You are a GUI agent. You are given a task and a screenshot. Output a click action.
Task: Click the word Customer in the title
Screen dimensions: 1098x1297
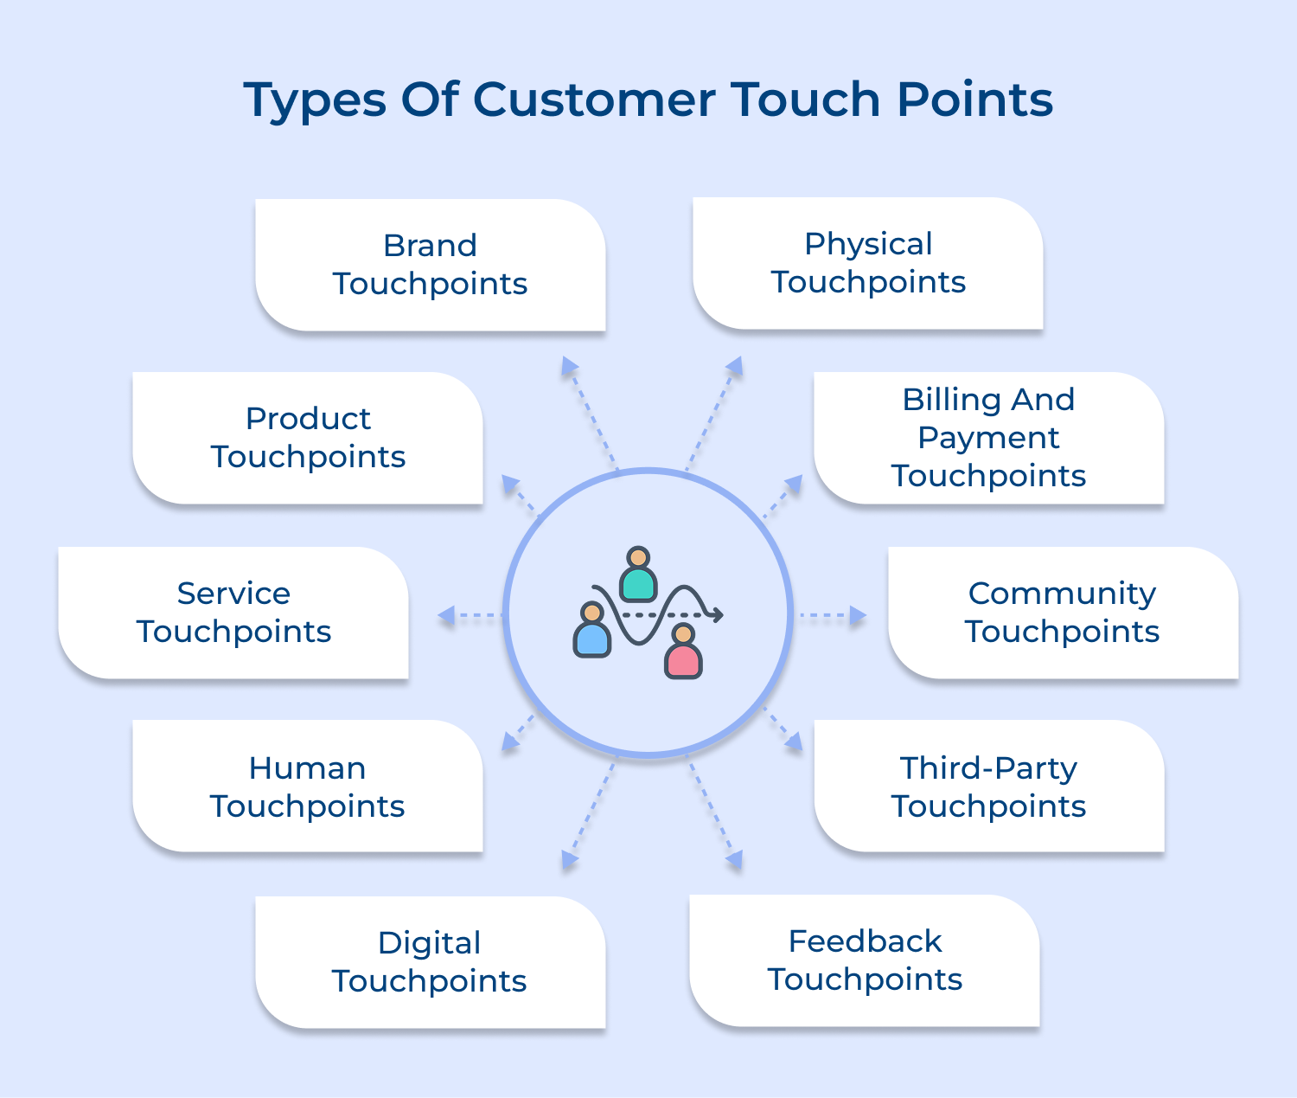click(x=593, y=100)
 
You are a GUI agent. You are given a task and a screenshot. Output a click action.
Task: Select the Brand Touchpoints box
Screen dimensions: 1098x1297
click(x=431, y=265)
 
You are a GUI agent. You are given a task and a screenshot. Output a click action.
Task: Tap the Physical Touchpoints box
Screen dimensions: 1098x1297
click(x=868, y=263)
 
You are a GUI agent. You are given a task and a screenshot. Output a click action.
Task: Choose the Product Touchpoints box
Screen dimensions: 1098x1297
click(x=308, y=438)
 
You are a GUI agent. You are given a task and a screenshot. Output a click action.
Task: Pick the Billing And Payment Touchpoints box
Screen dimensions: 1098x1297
click(x=988, y=438)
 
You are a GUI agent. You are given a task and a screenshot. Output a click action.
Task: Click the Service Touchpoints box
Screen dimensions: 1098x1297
click(x=233, y=613)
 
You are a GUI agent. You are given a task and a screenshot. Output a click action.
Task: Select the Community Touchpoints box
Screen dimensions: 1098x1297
click(x=1063, y=613)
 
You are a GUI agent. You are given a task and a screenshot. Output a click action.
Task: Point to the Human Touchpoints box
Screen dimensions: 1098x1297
click(x=308, y=787)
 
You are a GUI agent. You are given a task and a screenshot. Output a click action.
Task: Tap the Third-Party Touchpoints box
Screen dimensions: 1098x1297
click(x=988, y=787)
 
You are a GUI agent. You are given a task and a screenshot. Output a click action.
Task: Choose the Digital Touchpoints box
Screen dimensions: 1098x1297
click(x=430, y=962)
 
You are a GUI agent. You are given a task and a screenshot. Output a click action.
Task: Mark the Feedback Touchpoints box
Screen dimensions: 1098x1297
click(x=865, y=960)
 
